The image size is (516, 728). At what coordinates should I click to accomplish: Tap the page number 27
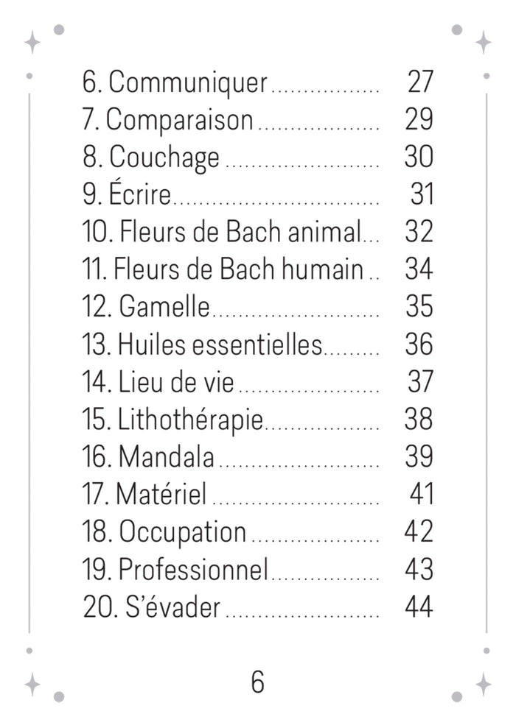[420, 82]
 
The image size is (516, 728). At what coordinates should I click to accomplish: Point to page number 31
[422, 194]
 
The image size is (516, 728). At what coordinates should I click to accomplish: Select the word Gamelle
[164, 306]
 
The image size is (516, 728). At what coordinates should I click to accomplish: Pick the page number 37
[420, 381]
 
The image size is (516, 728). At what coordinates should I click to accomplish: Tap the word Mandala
[166, 456]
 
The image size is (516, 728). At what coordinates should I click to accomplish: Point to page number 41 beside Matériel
[422, 494]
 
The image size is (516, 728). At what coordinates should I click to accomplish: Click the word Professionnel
[193, 569]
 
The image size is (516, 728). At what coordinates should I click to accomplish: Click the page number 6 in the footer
[257, 682]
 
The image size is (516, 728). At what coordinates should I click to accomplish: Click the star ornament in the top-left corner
[32, 42]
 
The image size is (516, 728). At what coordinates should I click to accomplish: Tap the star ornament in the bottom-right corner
[484, 685]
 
